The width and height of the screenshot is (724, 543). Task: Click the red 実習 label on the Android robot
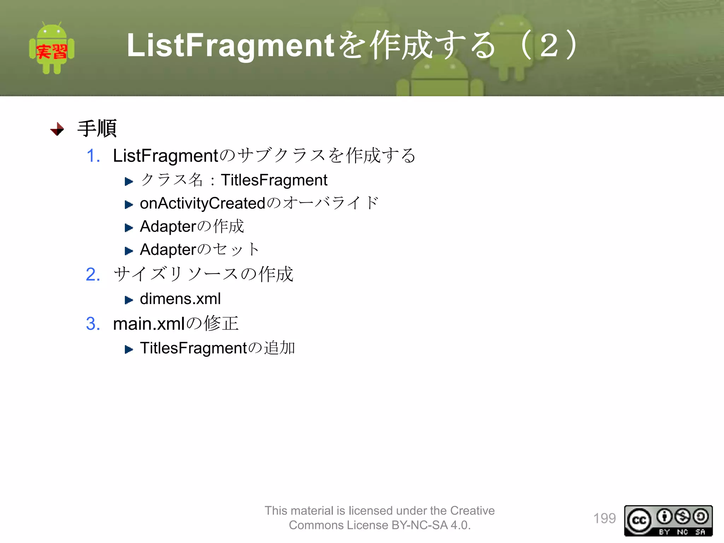(x=52, y=52)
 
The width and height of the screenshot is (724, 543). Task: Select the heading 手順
(x=97, y=128)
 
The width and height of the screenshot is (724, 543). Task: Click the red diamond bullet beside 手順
(x=57, y=129)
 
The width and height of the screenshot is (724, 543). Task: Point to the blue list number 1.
(x=93, y=156)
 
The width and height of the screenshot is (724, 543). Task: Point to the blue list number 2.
(x=93, y=274)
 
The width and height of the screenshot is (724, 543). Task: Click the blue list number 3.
(x=93, y=323)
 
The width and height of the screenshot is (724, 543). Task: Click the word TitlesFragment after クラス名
(x=274, y=180)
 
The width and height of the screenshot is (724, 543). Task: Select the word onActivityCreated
(x=203, y=204)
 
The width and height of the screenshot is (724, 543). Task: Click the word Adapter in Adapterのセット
(x=168, y=250)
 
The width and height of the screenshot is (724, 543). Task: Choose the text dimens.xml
(x=180, y=299)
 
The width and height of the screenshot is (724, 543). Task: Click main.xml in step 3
(x=149, y=324)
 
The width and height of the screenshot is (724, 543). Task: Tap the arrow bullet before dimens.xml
(x=129, y=300)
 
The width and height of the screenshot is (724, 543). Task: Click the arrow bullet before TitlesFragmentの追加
(x=129, y=350)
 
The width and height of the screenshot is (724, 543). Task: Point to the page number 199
(x=604, y=518)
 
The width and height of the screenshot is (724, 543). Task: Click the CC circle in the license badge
(x=639, y=520)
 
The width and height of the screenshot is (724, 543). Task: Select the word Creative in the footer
(x=472, y=510)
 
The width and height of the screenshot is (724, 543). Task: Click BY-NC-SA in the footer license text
(x=420, y=525)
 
